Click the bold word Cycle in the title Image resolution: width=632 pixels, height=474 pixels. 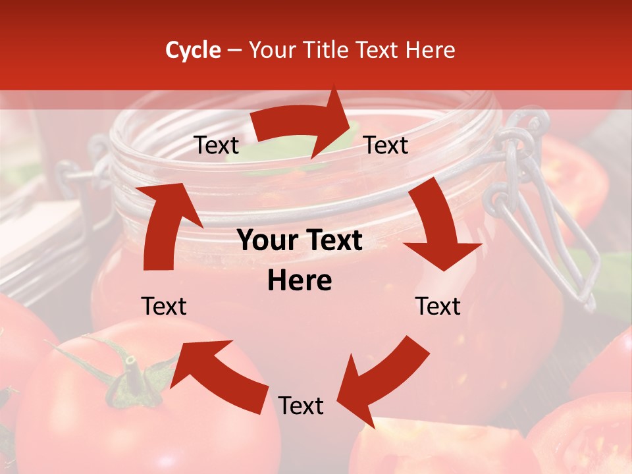coord(193,50)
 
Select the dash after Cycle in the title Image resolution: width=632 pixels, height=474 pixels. coord(234,50)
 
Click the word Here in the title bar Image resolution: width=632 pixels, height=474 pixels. coord(430,50)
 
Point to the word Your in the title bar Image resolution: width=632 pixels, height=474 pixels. coord(272,50)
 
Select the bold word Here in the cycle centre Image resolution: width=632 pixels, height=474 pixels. coord(300,281)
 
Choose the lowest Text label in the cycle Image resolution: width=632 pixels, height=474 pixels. coord(301,406)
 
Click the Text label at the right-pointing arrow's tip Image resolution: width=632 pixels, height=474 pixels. coord(386,145)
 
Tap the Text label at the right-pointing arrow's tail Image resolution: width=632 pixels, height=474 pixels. coord(217,145)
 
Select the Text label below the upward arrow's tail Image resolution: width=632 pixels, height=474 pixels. coord(165,306)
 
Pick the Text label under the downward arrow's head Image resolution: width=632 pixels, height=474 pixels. coord(438,306)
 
